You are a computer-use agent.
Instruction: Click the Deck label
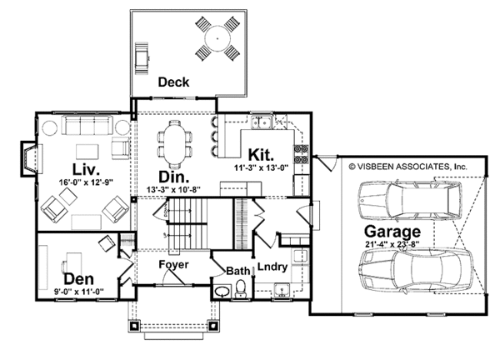pos(173,82)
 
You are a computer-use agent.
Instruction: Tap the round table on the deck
pos(217,38)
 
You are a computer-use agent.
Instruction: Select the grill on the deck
pos(142,58)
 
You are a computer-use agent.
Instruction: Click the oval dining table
pos(174,144)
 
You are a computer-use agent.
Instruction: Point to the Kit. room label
pos(261,155)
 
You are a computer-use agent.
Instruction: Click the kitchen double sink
pos(262,122)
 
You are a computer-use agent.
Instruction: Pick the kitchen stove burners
pos(302,154)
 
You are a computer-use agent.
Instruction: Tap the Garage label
pos(392,232)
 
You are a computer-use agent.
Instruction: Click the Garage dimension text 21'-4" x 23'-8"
pos(392,244)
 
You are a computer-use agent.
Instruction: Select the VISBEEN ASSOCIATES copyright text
pos(407,167)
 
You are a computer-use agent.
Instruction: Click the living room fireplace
pos(32,159)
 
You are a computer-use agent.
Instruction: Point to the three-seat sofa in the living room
pos(87,125)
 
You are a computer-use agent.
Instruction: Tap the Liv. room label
pos(86,170)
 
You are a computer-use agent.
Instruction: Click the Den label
pos(79,279)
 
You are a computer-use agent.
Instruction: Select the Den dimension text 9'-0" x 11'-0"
pos(79,291)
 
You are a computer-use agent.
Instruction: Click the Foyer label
pos(174,265)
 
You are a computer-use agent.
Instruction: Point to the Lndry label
pos(272,267)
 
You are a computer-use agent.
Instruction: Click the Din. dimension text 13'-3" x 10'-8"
pos(173,189)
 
